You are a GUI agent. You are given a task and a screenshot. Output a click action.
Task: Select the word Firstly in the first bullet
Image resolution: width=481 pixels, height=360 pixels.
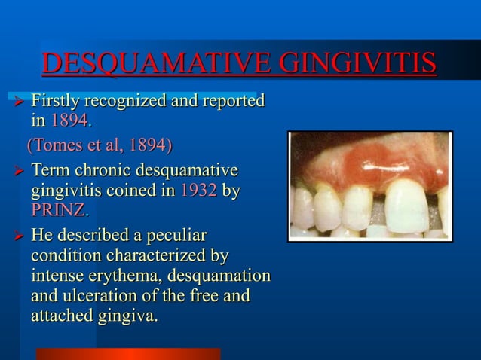pyautogui.click(x=57, y=100)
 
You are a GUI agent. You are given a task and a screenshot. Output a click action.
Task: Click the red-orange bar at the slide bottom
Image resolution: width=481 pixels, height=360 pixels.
pyautogui.click(x=128, y=353)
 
